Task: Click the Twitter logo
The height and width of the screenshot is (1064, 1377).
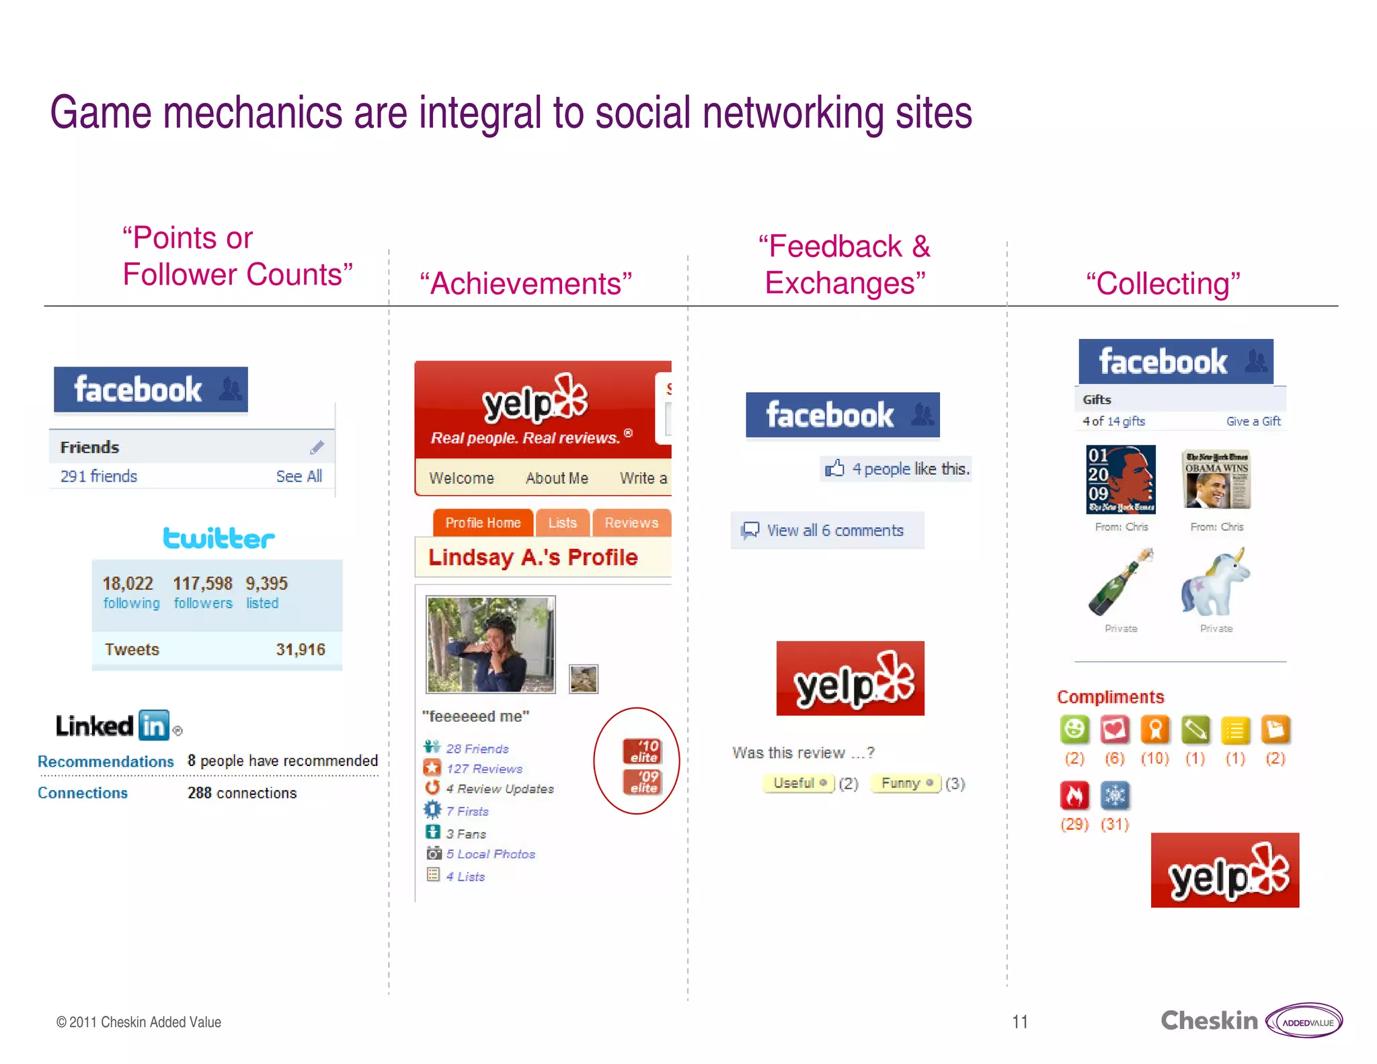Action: point(219,538)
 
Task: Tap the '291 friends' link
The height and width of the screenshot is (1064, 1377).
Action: point(99,476)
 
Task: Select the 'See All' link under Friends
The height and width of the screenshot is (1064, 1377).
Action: point(299,476)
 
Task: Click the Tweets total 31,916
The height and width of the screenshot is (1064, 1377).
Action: point(300,649)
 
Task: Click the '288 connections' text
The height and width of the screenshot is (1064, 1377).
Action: point(241,793)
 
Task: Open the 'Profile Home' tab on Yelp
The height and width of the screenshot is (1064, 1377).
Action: point(483,523)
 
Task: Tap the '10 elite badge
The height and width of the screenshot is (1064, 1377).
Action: point(642,751)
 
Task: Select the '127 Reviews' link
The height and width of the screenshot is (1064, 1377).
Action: point(484,768)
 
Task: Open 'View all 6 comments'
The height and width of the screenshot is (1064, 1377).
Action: point(834,530)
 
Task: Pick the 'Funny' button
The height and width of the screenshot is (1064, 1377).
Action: point(905,783)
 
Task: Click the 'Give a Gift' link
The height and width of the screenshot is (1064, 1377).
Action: point(1253,421)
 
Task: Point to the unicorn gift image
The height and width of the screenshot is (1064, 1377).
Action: point(1216,582)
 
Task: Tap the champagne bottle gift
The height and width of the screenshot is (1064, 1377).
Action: point(1120,582)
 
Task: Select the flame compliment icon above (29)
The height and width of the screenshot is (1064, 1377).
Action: point(1074,796)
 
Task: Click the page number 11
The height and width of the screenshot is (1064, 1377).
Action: point(1019,1022)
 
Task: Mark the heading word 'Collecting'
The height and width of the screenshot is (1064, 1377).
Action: point(1163,283)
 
